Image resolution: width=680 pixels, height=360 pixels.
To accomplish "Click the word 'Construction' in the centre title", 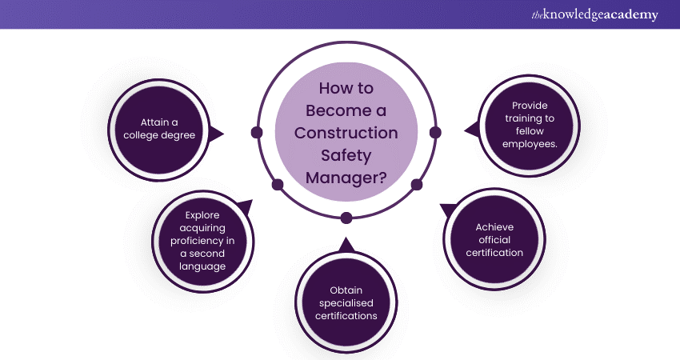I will [x=346, y=132].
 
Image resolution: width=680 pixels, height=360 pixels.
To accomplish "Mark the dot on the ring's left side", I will [x=257, y=132].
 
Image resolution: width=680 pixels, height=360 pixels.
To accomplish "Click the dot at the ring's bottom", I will [x=346, y=218].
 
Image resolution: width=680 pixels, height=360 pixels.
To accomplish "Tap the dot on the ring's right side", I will [x=435, y=132].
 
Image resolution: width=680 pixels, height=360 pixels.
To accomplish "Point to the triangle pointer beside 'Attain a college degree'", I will [x=217, y=134].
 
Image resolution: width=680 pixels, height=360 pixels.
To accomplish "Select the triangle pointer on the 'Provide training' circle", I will [x=470, y=128].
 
